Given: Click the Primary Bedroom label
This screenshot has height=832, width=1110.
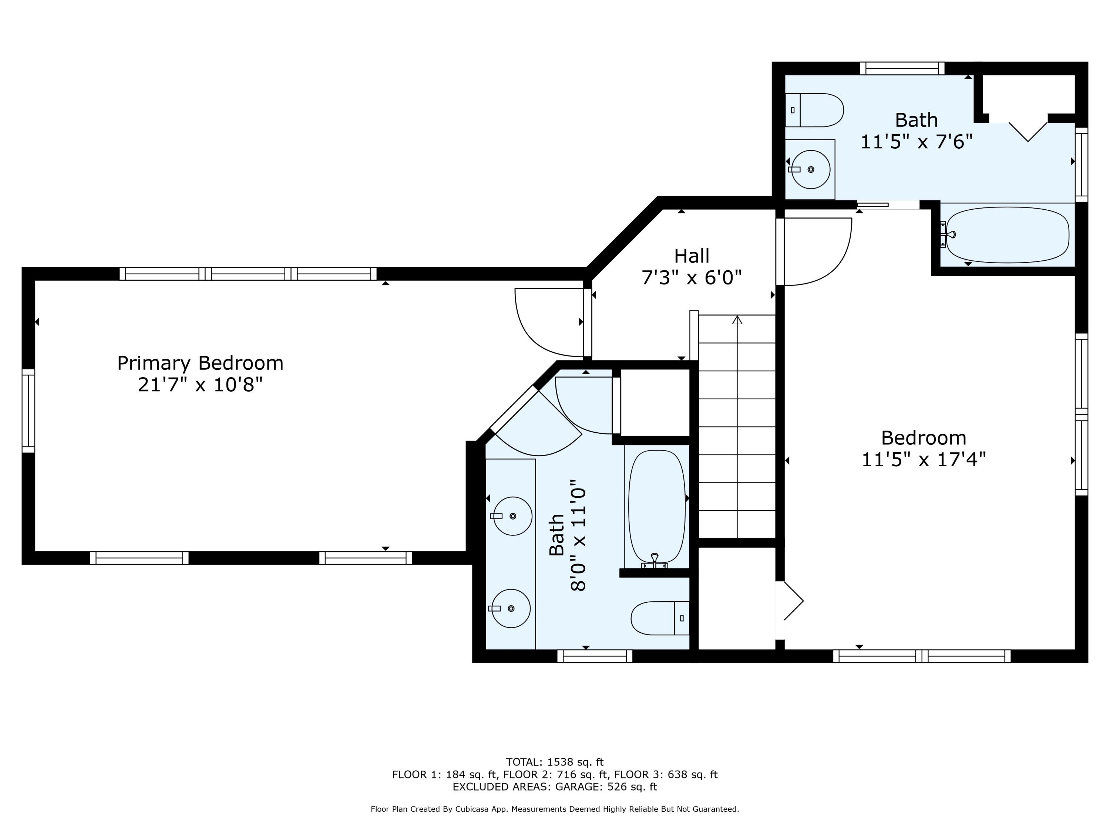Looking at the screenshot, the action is (x=200, y=363).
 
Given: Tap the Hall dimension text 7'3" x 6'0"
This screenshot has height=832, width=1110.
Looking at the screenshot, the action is (x=692, y=277).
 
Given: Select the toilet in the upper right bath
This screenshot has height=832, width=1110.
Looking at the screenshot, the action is (x=814, y=110).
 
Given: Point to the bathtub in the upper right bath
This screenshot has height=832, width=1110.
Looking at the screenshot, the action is (x=1008, y=235).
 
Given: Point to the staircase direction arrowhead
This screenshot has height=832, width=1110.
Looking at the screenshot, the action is (x=737, y=319).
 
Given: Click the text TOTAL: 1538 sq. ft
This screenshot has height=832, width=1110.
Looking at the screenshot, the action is (x=555, y=762).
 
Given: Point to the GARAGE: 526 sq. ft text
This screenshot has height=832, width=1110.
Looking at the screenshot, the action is (x=606, y=787).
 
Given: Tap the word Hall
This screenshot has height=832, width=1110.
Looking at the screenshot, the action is (x=692, y=256).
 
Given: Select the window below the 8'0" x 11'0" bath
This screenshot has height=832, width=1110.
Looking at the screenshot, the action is (x=595, y=656).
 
